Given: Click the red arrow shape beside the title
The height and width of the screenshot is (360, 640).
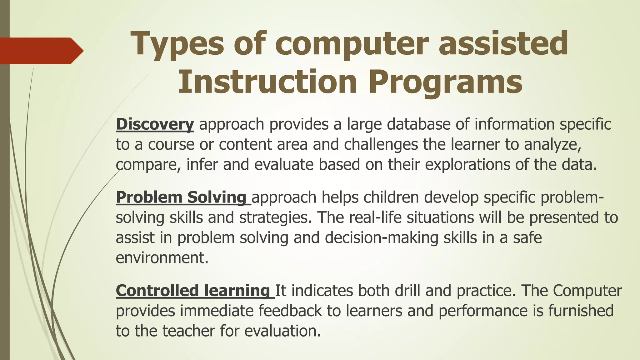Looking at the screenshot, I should [41, 51].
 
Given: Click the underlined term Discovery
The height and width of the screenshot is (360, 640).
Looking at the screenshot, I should [155, 124].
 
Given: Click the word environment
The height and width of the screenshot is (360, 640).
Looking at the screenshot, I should [162, 258].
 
